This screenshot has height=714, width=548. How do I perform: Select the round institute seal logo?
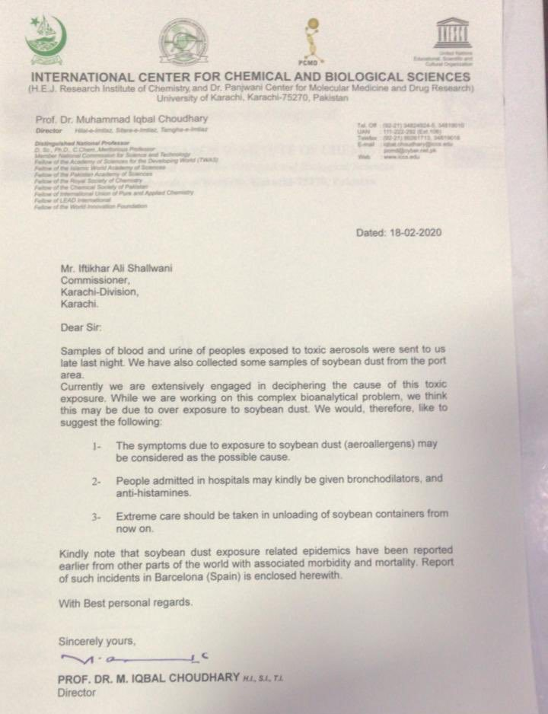click(183, 40)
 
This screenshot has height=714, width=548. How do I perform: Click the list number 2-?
click(97, 482)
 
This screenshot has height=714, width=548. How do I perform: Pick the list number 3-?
click(97, 517)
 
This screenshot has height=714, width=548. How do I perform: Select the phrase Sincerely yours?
click(97, 640)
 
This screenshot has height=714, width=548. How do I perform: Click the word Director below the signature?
click(77, 693)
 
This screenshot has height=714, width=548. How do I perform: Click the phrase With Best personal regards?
click(126, 601)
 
